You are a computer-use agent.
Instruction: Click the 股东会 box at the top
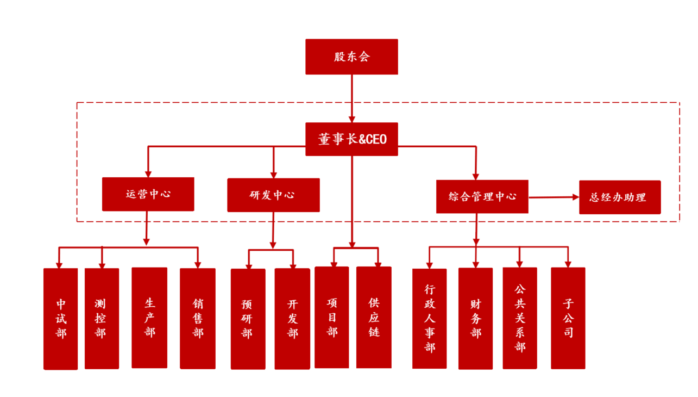click(x=351, y=57)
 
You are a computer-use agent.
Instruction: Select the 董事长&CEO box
click(x=351, y=139)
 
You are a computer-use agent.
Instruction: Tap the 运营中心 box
click(x=148, y=194)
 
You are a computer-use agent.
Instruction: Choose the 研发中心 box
click(x=273, y=195)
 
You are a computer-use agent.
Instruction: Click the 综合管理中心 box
click(x=482, y=196)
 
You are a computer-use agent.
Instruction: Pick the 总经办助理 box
click(x=620, y=197)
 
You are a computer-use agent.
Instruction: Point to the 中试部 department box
click(x=60, y=319)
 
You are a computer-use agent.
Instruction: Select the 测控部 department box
click(x=102, y=319)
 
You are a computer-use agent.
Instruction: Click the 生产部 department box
click(x=149, y=318)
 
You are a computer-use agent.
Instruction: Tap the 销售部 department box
click(x=198, y=319)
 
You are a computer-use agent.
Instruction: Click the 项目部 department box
click(x=331, y=318)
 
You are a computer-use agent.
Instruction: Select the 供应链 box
click(x=374, y=318)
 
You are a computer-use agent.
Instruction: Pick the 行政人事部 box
click(x=429, y=319)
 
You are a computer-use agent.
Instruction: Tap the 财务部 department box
click(x=475, y=319)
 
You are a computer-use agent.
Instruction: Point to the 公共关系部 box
click(x=520, y=319)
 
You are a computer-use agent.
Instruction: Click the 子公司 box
click(x=568, y=318)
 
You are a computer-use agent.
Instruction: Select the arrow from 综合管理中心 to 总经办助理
click(x=554, y=197)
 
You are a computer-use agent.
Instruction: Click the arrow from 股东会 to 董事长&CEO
click(x=351, y=98)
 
